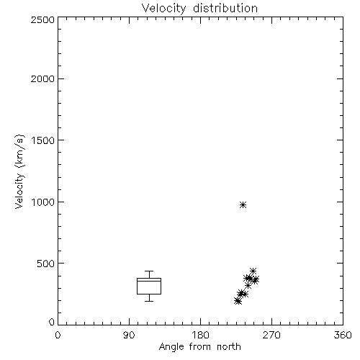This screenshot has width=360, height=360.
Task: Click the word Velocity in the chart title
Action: point(164,9)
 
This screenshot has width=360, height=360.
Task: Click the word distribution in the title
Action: point(225,8)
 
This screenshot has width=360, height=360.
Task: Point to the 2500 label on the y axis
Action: point(42,19)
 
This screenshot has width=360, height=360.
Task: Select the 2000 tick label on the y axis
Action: point(42,78)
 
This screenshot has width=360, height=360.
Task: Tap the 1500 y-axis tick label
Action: point(43,140)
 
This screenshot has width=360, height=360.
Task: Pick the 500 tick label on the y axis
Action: point(46,264)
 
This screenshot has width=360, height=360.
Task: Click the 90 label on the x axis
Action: point(129,335)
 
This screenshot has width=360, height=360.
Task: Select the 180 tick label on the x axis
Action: point(200,335)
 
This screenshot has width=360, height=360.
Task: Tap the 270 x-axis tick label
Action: point(271,335)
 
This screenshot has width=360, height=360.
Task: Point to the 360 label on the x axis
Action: point(343,335)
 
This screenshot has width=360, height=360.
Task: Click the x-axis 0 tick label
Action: point(58,335)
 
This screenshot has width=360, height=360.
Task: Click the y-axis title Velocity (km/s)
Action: point(19,171)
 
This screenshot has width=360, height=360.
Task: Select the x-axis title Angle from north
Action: point(200,347)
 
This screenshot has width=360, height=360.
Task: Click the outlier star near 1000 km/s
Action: point(243,204)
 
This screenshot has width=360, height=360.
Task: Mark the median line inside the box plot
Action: point(149,281)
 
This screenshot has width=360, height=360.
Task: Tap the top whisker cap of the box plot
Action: point(149,271)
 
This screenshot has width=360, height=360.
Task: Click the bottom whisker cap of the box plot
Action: point(149,301)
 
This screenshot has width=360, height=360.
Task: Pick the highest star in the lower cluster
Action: point(253,271)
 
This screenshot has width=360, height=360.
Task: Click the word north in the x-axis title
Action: point(229,346)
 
